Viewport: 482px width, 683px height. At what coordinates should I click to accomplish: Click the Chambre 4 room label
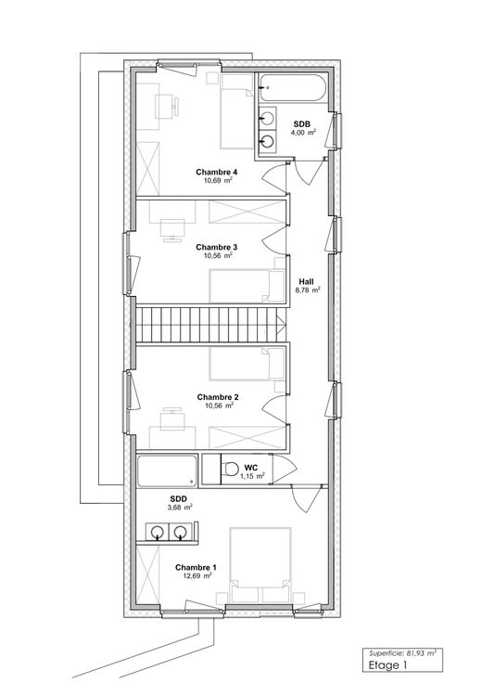click(x=216, y=172)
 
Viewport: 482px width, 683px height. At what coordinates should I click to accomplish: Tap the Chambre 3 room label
click(x=216, y=248)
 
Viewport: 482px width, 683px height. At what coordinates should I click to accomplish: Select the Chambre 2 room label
click(x=218, y=397)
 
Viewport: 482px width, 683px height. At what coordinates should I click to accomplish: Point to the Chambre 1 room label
click(x=196, y=567)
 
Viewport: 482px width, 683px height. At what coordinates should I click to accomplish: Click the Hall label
click(x=306, y=281)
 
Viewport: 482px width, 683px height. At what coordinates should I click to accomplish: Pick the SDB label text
click(x=301, y=124)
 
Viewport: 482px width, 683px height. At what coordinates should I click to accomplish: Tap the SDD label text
click(x=179, y=498)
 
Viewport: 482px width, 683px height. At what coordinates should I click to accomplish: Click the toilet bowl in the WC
click(x=230, y=469)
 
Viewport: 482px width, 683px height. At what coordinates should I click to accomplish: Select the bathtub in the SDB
click(x=292, y=88)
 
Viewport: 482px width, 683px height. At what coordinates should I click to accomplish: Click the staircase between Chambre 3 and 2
click(x=210, y=325)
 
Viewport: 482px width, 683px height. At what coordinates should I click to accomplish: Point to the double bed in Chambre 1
click(x=260, y=565)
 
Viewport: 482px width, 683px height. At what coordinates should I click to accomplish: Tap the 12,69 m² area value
click(x=198, y=575)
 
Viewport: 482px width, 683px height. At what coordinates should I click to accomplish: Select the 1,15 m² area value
click(x=252, y=476)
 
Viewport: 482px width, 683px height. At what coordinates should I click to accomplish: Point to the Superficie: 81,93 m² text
click(x=402, y=653)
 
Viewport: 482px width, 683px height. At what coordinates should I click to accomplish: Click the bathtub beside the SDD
click(x=167, y=470)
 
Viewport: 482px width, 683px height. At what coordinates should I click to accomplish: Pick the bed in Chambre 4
click(x=236, y=111)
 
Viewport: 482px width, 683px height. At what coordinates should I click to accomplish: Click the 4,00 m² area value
click(x=303, y=133)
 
